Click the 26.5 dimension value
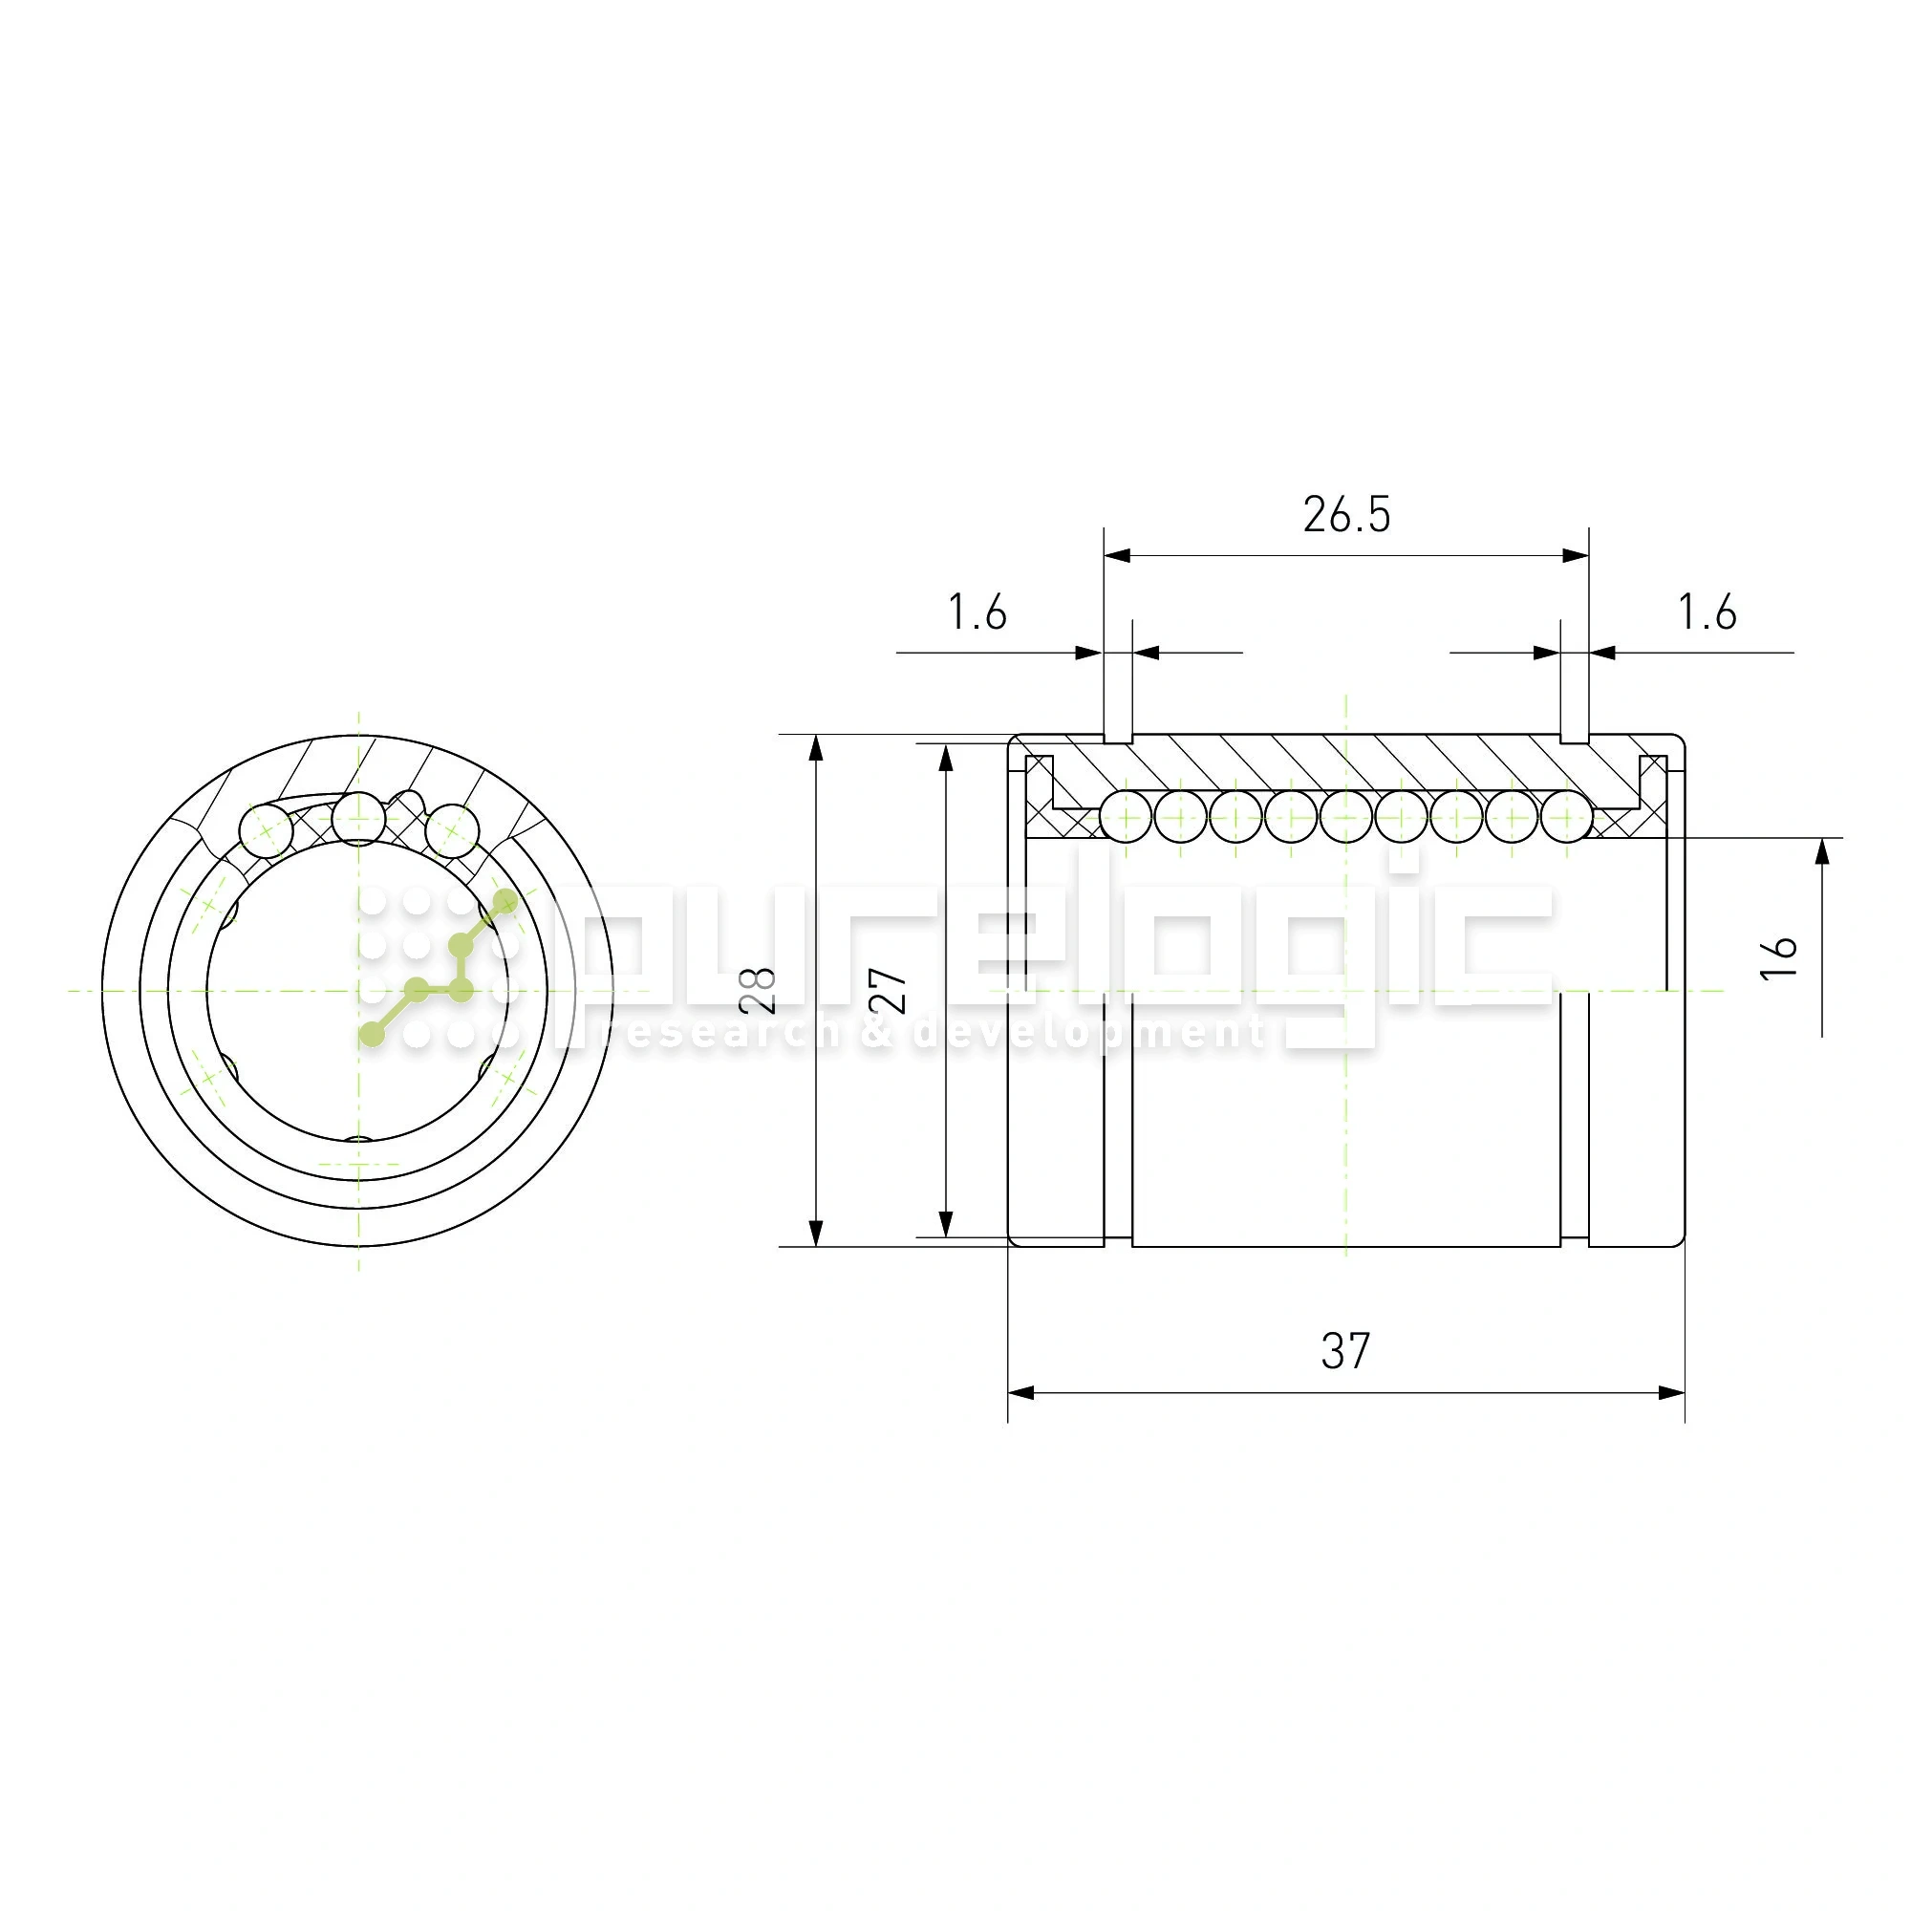tap(1346, 514)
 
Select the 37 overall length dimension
tap(1345, 1350)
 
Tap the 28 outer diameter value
tap(758, 990)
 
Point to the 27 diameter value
tap(890, 990)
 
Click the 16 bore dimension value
tap(1778, 957)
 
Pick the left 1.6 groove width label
tap(977, 612)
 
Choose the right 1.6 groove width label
tap(1707, 612)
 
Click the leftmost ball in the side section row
tap(1127, 817)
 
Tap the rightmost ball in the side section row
tap(1566, 817)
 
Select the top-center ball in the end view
tap(358, 817)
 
